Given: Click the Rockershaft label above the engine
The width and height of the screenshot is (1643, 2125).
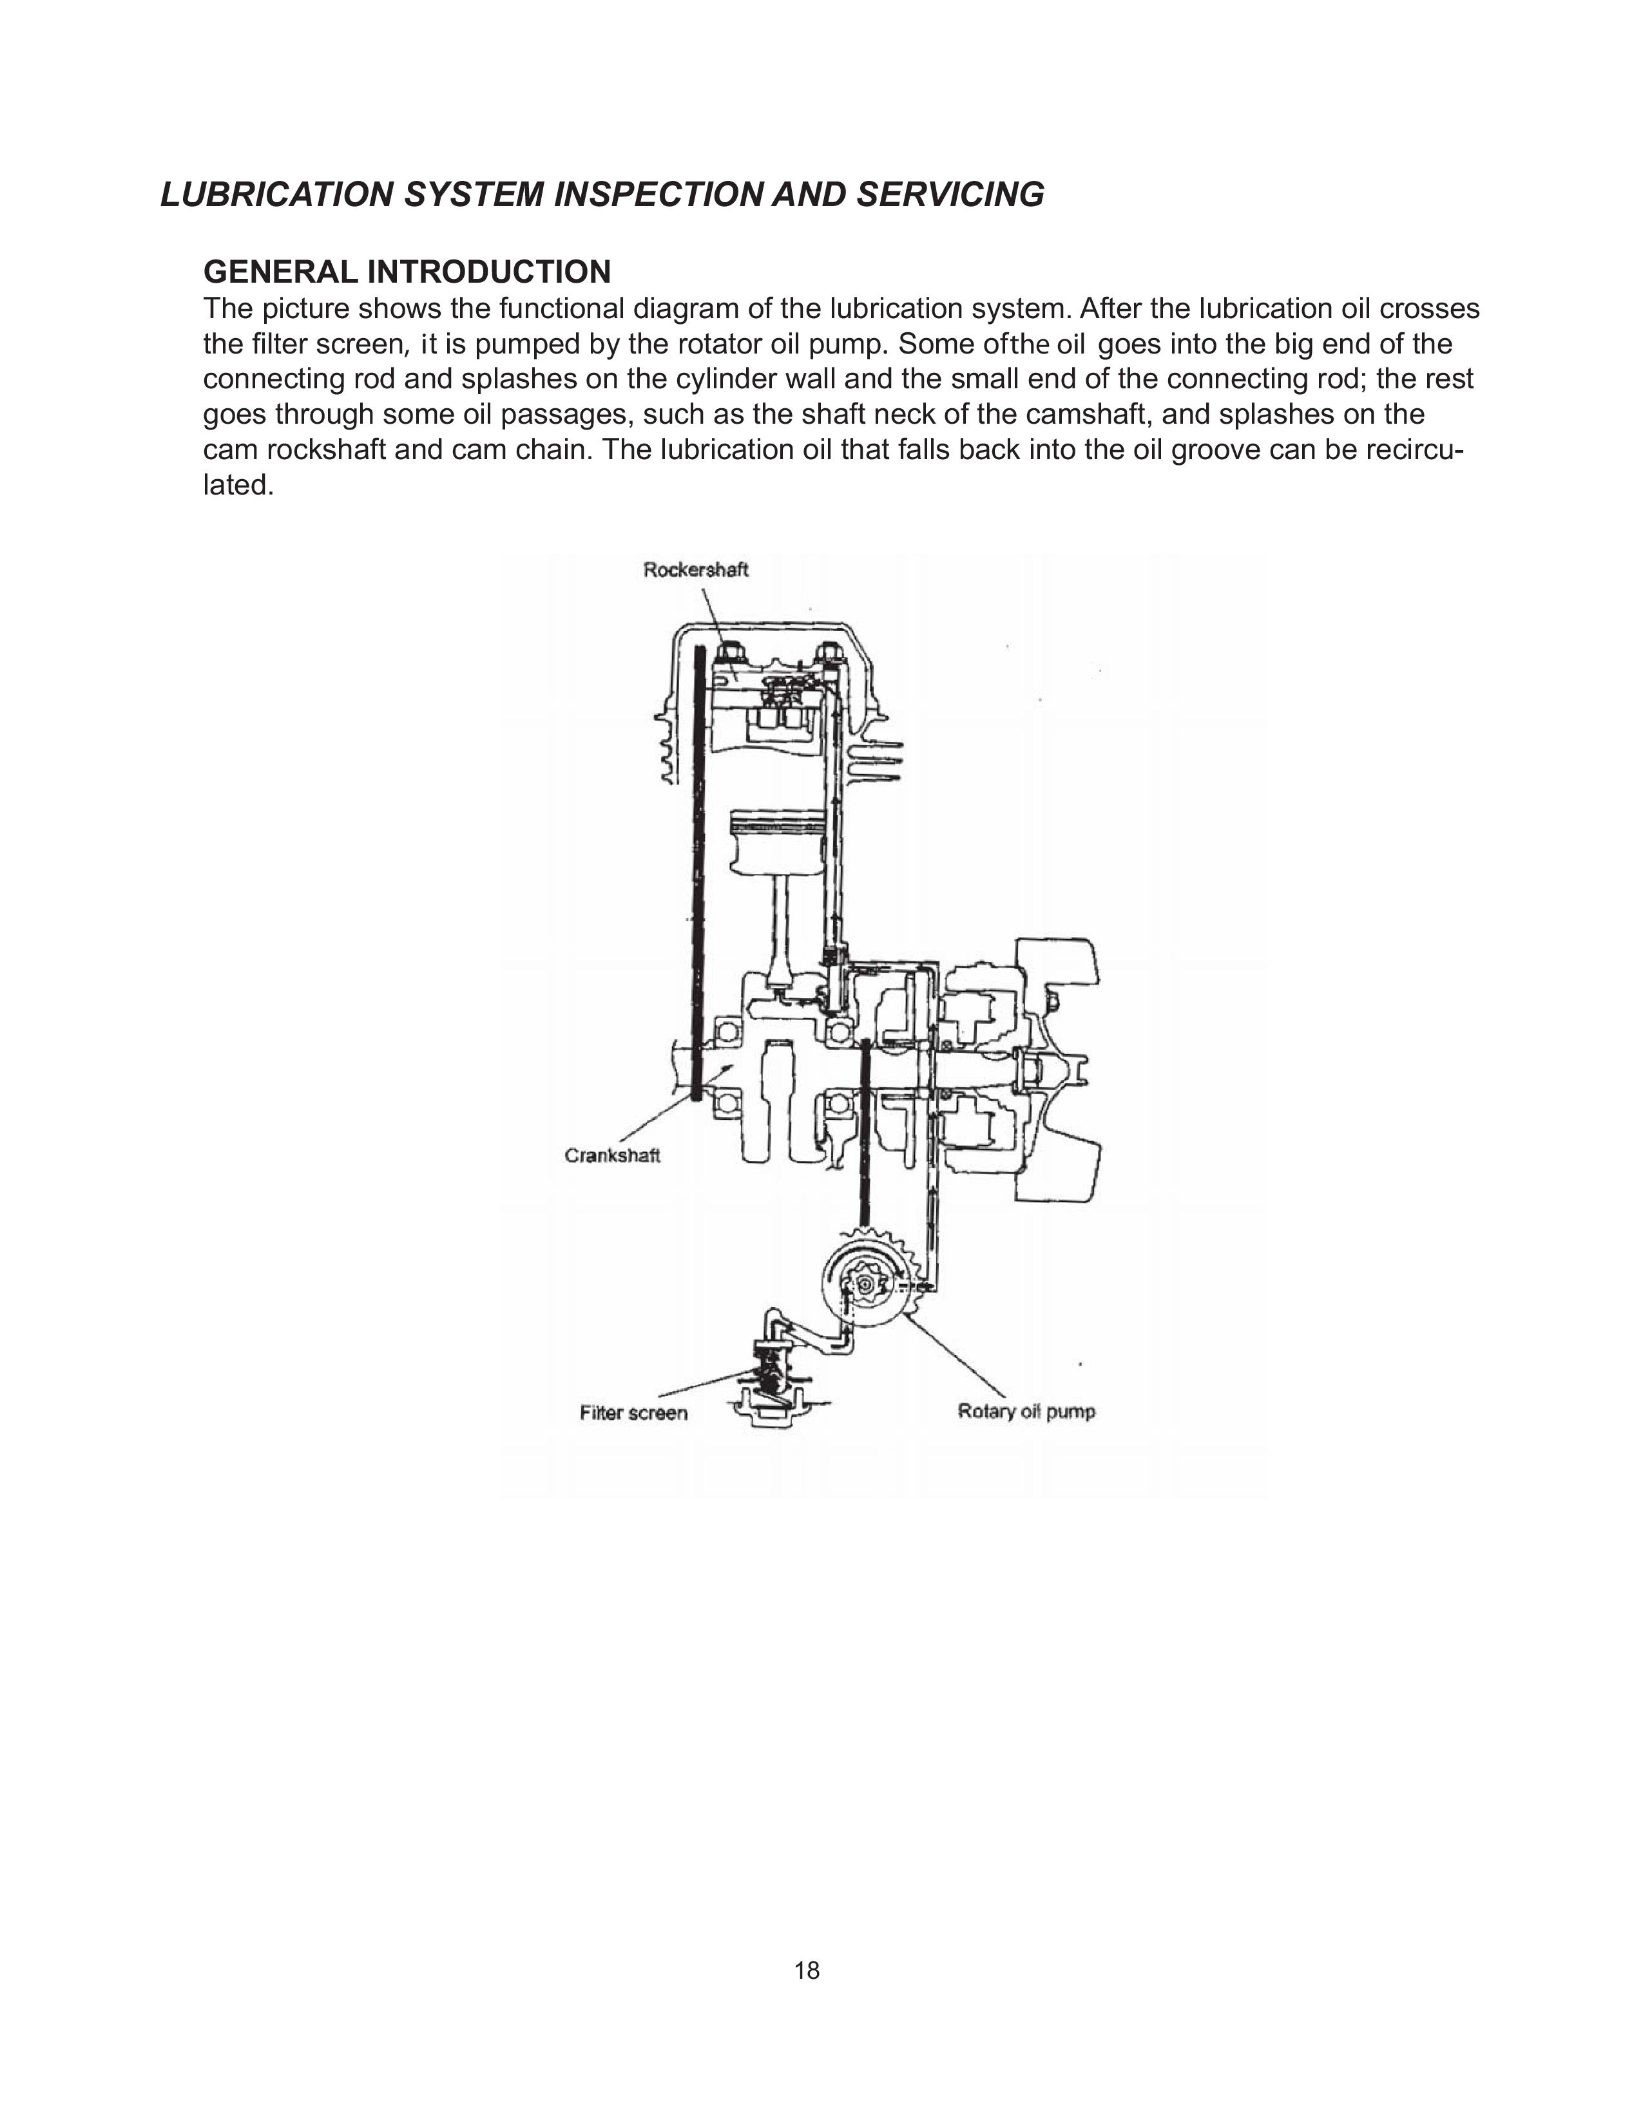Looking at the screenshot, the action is tap(695, 570).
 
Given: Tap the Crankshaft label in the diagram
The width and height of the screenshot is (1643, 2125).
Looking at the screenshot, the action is tap(612, 1156).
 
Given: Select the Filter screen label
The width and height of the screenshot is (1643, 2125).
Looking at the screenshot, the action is tap(633, 1413).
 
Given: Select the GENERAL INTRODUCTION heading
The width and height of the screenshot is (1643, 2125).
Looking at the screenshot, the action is tap(407, 272).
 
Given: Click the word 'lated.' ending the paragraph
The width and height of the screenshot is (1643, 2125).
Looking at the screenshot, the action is tap(238, 484).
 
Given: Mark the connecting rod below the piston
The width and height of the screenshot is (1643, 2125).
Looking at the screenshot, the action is tap(785, 934).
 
